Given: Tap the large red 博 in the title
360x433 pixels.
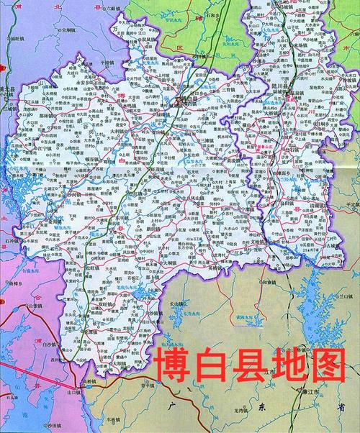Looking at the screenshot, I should coord(172,368).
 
